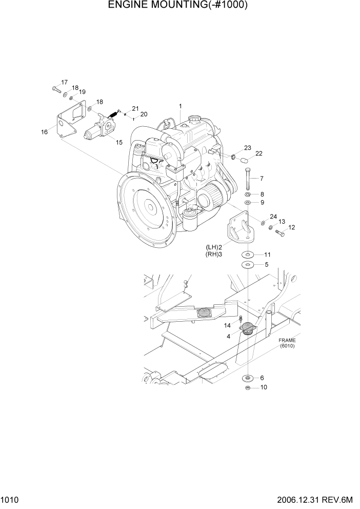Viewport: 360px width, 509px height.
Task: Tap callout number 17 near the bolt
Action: [x=65, y=82]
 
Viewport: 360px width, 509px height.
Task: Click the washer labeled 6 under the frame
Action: [x=248, y=378]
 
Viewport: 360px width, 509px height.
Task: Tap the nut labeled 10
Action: [x=248, y=387]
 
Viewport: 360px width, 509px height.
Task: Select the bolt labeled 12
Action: [x=280, y=233]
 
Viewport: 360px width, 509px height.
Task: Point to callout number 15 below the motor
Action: [x=119, y=142]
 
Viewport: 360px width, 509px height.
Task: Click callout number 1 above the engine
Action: [x=181, y=106]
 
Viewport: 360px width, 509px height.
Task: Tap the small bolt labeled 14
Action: [x=240, y=319]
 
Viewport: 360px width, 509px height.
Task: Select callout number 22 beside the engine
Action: [x=258, y=153]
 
